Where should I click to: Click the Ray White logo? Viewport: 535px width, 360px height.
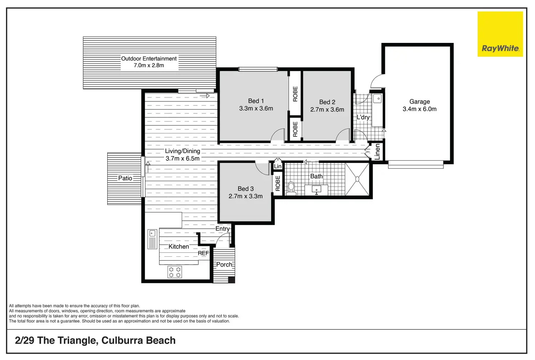500,34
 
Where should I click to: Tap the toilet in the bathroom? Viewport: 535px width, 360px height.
291,188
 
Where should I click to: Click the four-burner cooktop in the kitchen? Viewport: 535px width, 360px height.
174,272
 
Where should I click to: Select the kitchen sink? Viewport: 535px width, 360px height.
152,239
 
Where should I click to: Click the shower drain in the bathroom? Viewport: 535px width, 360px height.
357,179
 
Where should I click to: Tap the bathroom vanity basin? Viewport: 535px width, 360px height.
317,190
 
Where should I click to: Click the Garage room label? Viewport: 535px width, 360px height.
420,101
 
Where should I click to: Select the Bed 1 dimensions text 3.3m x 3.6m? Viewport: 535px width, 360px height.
256,108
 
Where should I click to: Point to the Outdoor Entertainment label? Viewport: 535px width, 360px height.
149,59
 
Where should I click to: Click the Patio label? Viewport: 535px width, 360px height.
125,178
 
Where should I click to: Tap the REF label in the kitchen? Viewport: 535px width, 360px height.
203,253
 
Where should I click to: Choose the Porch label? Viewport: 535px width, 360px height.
224,265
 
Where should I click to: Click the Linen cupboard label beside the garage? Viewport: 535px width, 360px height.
377,152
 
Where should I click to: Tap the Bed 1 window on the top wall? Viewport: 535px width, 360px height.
258,69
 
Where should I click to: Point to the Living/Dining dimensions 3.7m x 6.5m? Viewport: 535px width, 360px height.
182,159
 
